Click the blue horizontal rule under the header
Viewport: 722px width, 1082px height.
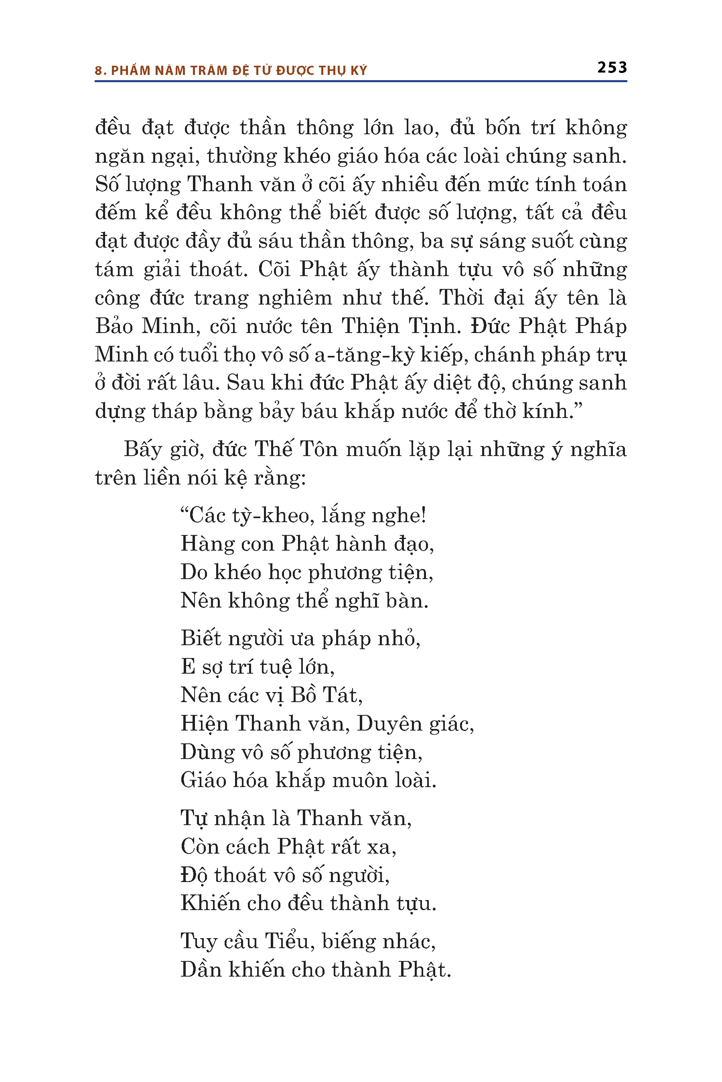tap(361, 81)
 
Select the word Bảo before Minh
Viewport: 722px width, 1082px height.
tap(114, 326)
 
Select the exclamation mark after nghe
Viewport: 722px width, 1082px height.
tap(423, 515)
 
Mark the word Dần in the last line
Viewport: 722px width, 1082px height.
tap(200, 970)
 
